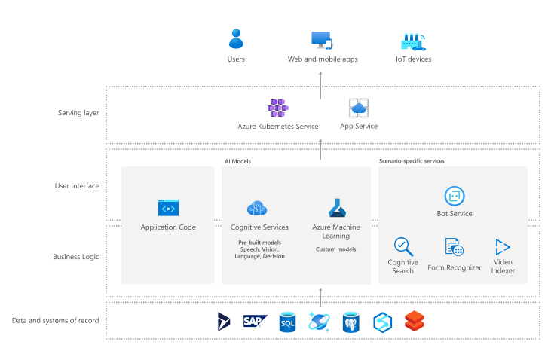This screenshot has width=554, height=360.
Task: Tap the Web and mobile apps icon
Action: [322, 40]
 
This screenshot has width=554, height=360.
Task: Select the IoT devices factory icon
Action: [413, 41]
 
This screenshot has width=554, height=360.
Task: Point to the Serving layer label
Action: [78, 114]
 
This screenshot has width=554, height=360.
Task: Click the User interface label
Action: [76, 185]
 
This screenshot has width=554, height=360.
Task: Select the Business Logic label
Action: [76, 257]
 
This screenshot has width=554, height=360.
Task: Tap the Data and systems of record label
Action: [55, 320]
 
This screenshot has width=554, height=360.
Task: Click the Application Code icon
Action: [168, 209]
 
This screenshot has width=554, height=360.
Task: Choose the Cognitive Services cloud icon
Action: [258, 209]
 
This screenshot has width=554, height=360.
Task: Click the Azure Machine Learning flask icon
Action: [336, 208]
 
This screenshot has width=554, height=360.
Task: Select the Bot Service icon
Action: [454, 196]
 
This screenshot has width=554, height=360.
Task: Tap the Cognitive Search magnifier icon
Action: [403, 246]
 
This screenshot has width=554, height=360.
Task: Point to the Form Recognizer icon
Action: [454, 247]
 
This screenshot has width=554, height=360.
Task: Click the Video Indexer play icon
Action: [503, 247]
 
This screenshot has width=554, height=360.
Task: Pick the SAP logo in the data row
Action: [256, 321]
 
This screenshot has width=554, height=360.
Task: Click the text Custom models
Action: [336, 249]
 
